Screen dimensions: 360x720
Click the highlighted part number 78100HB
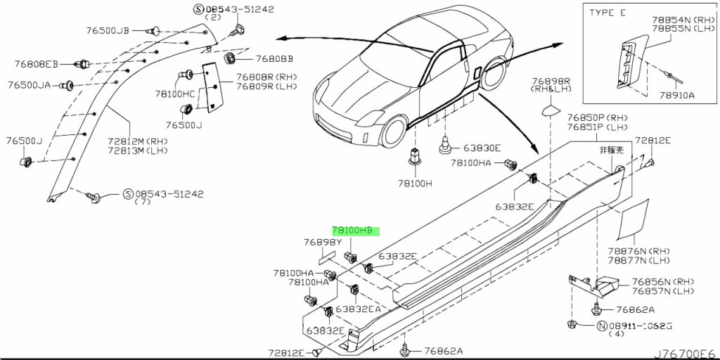[356, 231]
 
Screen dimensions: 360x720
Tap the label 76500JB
[108, 30]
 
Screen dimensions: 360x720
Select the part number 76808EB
[37, 63]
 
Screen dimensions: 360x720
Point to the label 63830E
[482, 148]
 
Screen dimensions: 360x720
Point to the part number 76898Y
[323, 242]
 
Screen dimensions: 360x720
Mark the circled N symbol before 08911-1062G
[601, 326]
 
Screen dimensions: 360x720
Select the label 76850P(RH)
[596, 117]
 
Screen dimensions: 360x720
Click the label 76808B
[274, 59]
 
